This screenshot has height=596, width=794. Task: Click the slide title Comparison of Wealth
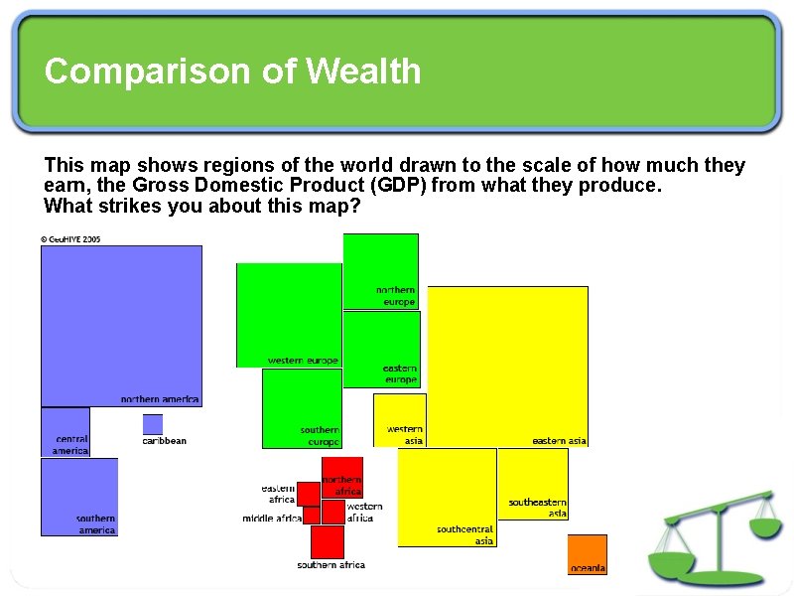(x=232, y=72)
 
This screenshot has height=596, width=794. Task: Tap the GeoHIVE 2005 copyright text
(x=70, y=239)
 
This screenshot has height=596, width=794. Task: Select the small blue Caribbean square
(x=152, y=424)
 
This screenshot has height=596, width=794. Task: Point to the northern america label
(x=160, y=399)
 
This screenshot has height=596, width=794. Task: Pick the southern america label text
(x=96, y=524)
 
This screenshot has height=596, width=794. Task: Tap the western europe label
(x=303, y=361)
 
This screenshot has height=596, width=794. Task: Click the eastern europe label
(x=400, y=374)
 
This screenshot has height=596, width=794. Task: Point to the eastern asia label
(x=559, y=441)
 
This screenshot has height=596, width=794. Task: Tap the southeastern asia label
(x=538, y=508)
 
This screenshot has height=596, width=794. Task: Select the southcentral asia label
(x=464, y=535)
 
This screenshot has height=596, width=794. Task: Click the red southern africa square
(x=327, y=541)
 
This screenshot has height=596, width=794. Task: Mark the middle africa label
(x=272, y=519)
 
